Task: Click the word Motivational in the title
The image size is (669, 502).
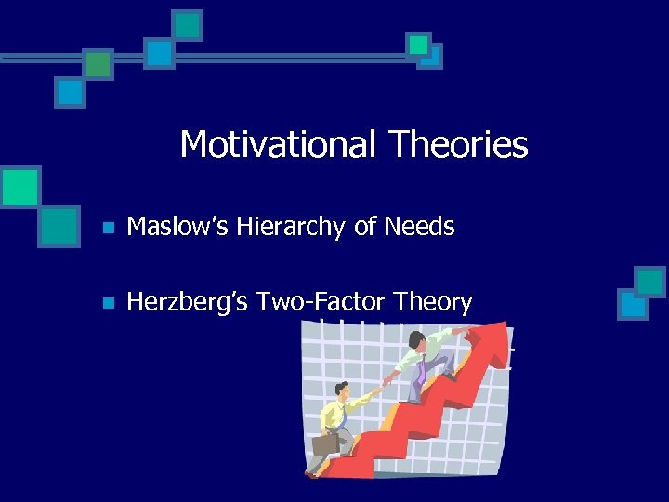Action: point(279,145)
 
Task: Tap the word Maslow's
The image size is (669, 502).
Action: point(180,226)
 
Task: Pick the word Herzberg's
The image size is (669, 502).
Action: point(186,302)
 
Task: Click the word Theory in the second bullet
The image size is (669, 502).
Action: point(433,302)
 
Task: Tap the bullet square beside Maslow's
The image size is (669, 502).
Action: point(108,227)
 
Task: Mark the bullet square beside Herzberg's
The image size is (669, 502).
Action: point(108,303)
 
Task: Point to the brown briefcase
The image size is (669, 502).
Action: point(324,444)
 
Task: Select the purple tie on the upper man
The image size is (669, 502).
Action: point(421,370)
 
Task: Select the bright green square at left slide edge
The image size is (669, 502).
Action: point(20,186)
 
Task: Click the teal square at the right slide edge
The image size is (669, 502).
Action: point(649,281)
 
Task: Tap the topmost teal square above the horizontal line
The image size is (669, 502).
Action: point(188,24)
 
